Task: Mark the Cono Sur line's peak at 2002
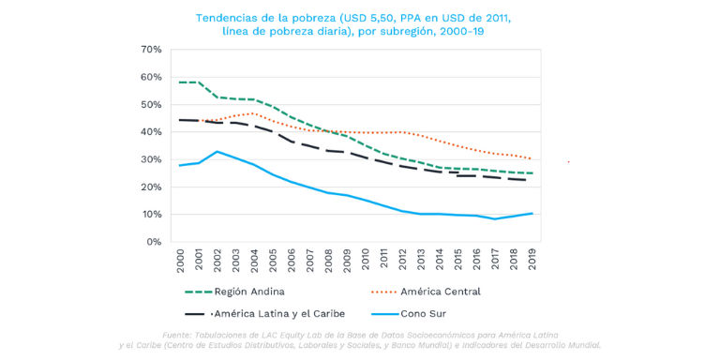(x=217, y=151)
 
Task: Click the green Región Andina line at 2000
(x=181, y=82)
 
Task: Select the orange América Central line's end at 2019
(x=532, y=158)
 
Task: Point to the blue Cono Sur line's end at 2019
(x=532, y=214)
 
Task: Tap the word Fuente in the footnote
(x=180, y=334)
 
